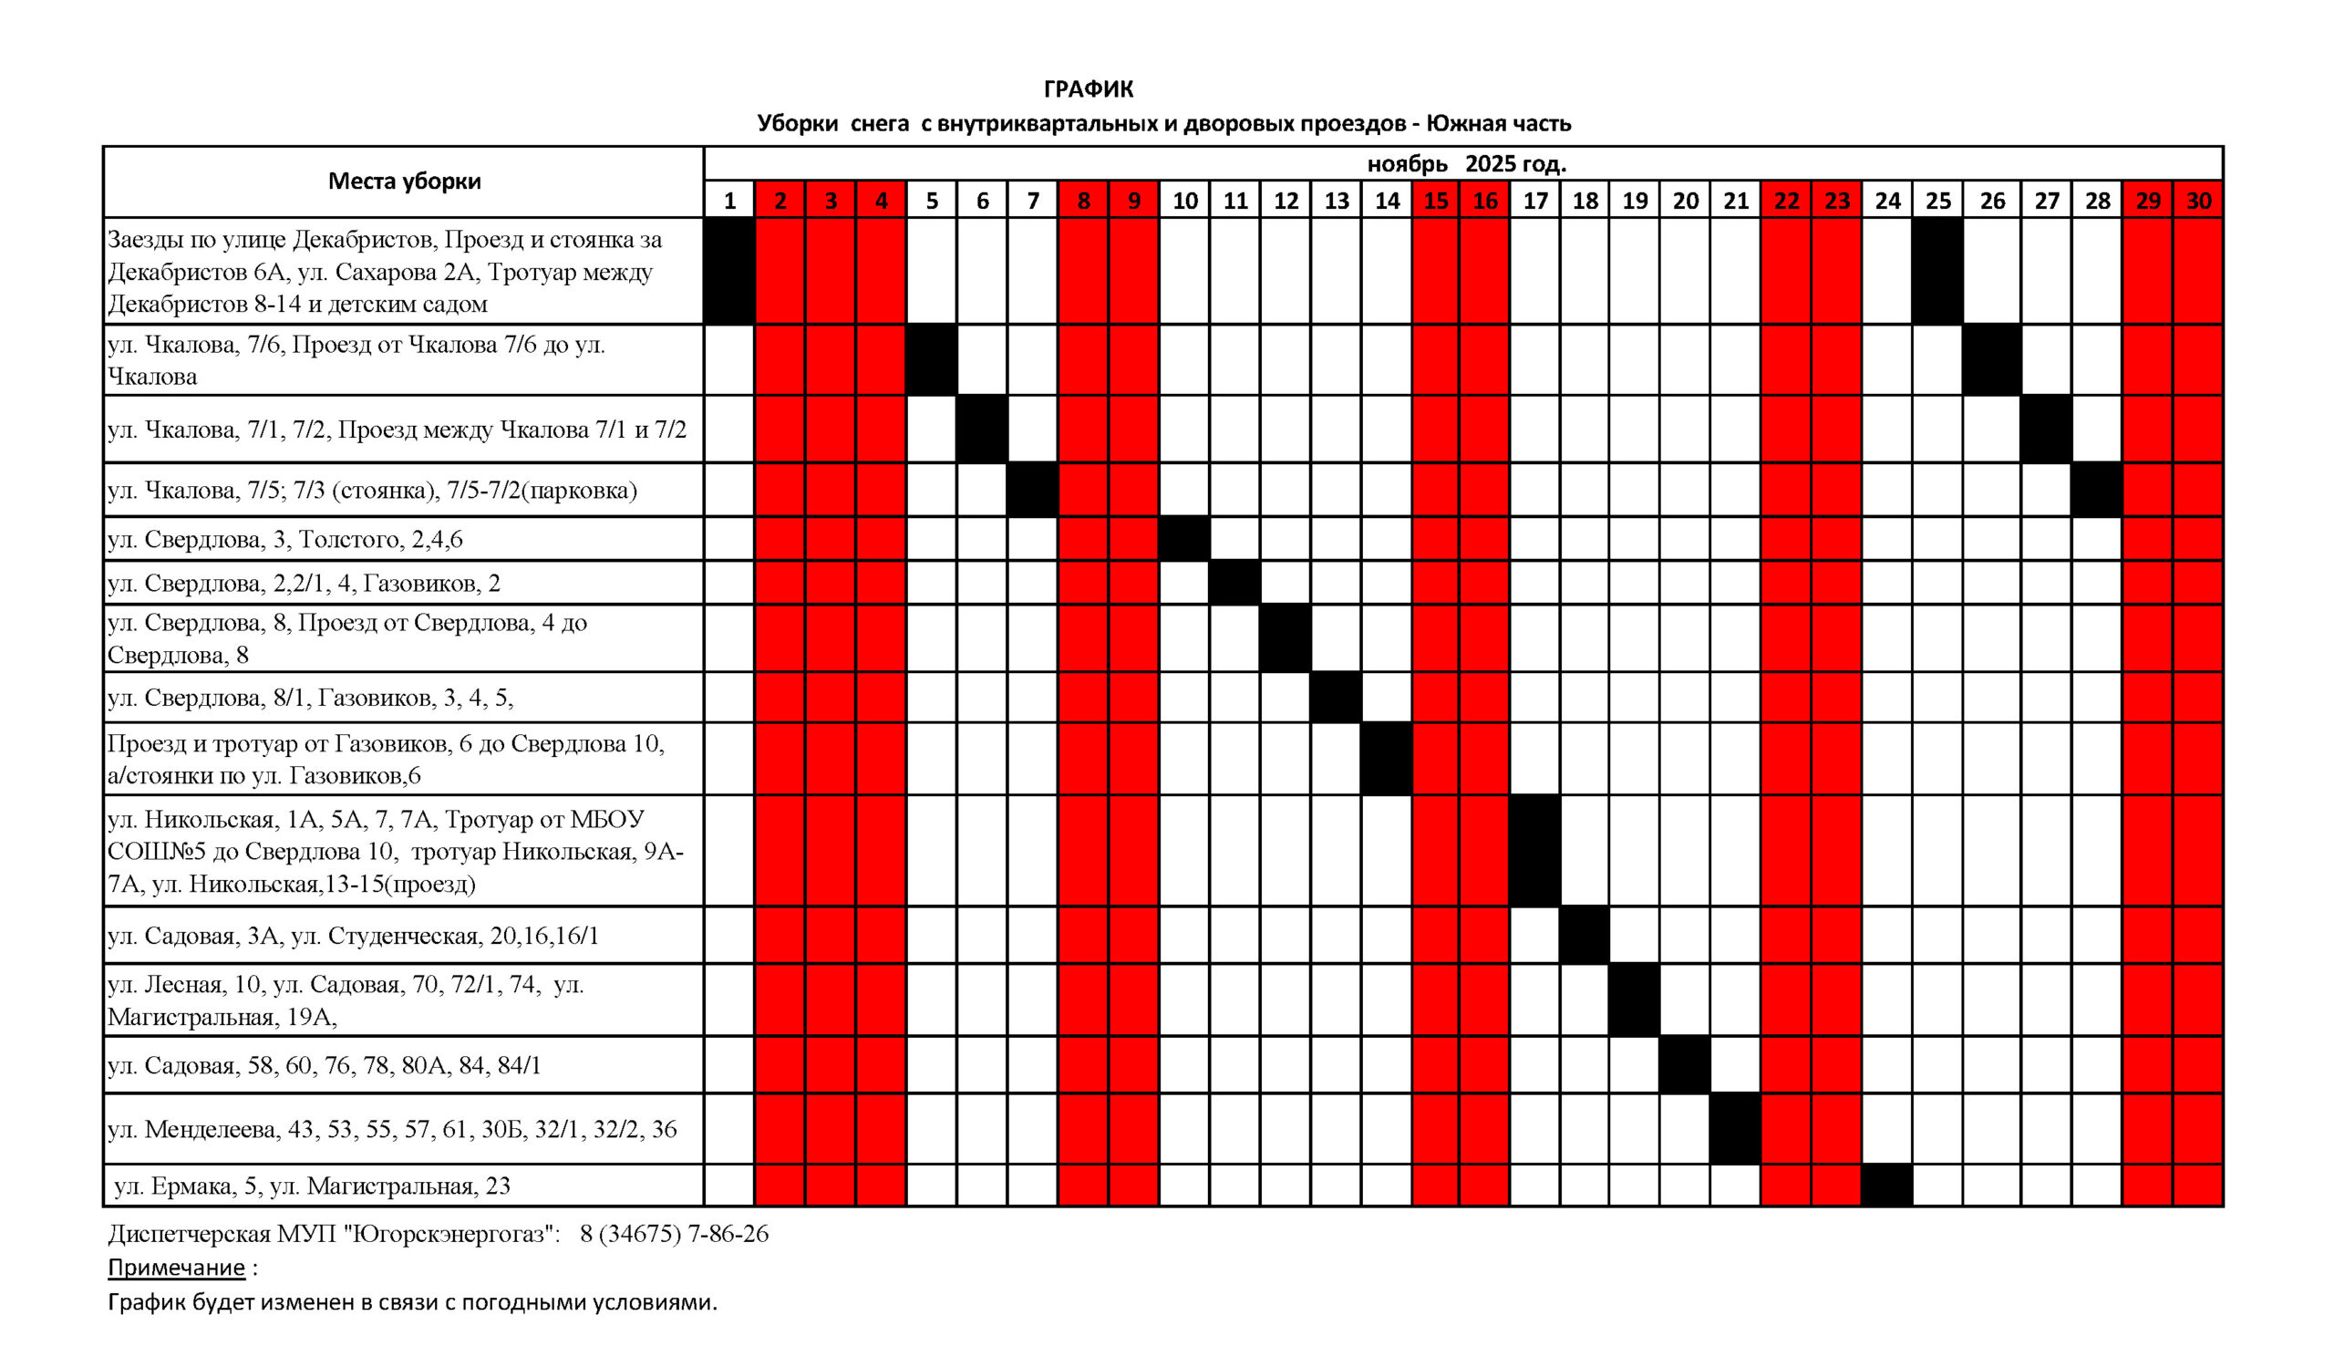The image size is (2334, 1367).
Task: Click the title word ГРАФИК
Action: [1089, 88]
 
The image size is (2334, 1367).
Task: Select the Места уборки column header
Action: [404, 181]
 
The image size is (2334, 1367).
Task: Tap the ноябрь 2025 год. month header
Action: [1466, 164]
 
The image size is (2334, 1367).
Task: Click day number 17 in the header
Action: [1534, 201]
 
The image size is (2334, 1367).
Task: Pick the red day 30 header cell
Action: [2198, 201]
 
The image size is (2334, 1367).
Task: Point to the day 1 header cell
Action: [730, 201]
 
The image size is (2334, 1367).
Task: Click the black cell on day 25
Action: [1937, 272]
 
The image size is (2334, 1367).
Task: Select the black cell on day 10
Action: [1184, 539]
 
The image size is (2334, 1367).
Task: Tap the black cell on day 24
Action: [1886, 1186]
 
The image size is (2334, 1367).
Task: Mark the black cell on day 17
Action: [1534, 850]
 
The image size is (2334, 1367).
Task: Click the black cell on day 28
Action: [2097, 490]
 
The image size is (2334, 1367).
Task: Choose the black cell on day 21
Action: [1735, 1128]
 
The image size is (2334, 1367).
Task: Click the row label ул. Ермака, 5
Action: [311, 1186]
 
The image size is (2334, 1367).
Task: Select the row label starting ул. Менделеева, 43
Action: [392, 1129]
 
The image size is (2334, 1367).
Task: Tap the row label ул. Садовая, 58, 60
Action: [325, 1065]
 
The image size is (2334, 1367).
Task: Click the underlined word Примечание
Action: [176, 1268]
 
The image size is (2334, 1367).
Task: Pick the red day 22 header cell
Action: [1786, 201]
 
